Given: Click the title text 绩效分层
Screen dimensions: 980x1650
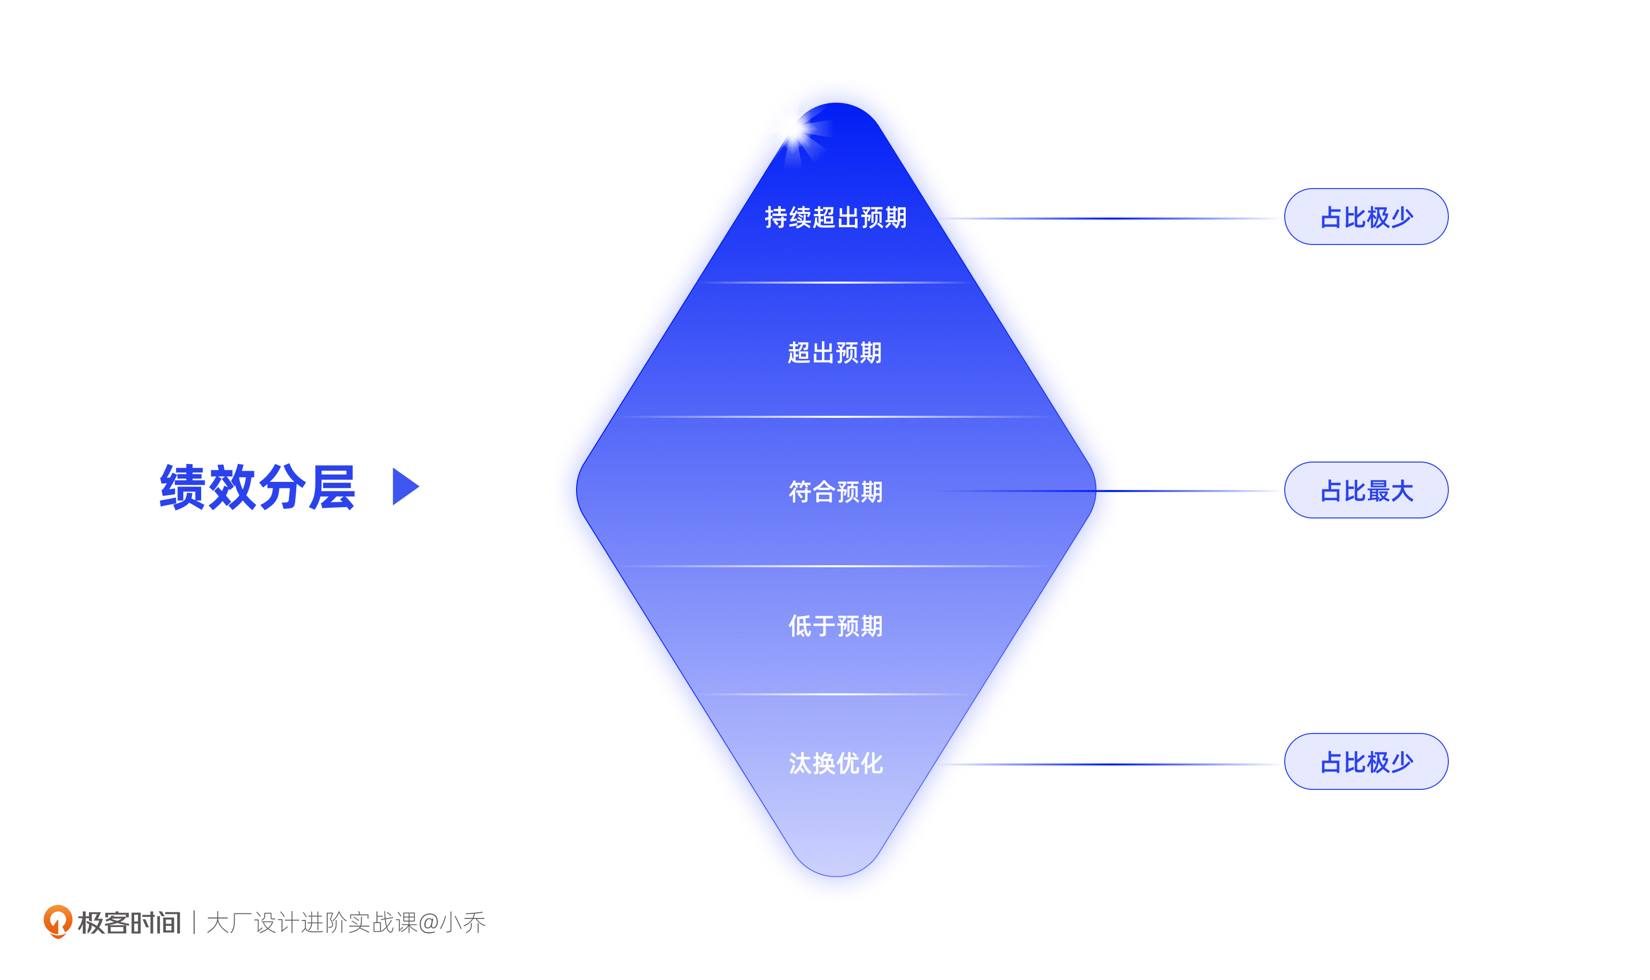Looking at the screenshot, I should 258,487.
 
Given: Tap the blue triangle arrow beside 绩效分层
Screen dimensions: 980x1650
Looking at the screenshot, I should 404,487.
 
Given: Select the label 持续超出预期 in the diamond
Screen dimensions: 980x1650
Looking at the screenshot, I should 836,217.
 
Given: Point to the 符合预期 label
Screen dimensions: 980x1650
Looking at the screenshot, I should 836,492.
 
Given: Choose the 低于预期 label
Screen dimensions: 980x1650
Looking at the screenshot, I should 836,626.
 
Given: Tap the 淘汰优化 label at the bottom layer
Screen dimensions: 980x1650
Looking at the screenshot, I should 836,763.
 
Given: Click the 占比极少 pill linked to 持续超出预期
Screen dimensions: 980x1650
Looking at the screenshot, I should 1366,217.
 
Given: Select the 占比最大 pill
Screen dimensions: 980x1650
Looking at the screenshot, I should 1366,490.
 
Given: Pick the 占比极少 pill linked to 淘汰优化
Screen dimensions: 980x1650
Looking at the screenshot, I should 1366,761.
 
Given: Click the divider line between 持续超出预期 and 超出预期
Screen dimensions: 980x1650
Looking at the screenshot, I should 836,283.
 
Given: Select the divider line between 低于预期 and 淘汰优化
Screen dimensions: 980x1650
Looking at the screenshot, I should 836,694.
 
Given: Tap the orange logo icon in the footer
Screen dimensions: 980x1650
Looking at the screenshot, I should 57,921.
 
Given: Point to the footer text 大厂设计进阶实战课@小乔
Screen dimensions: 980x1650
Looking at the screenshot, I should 346,923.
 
